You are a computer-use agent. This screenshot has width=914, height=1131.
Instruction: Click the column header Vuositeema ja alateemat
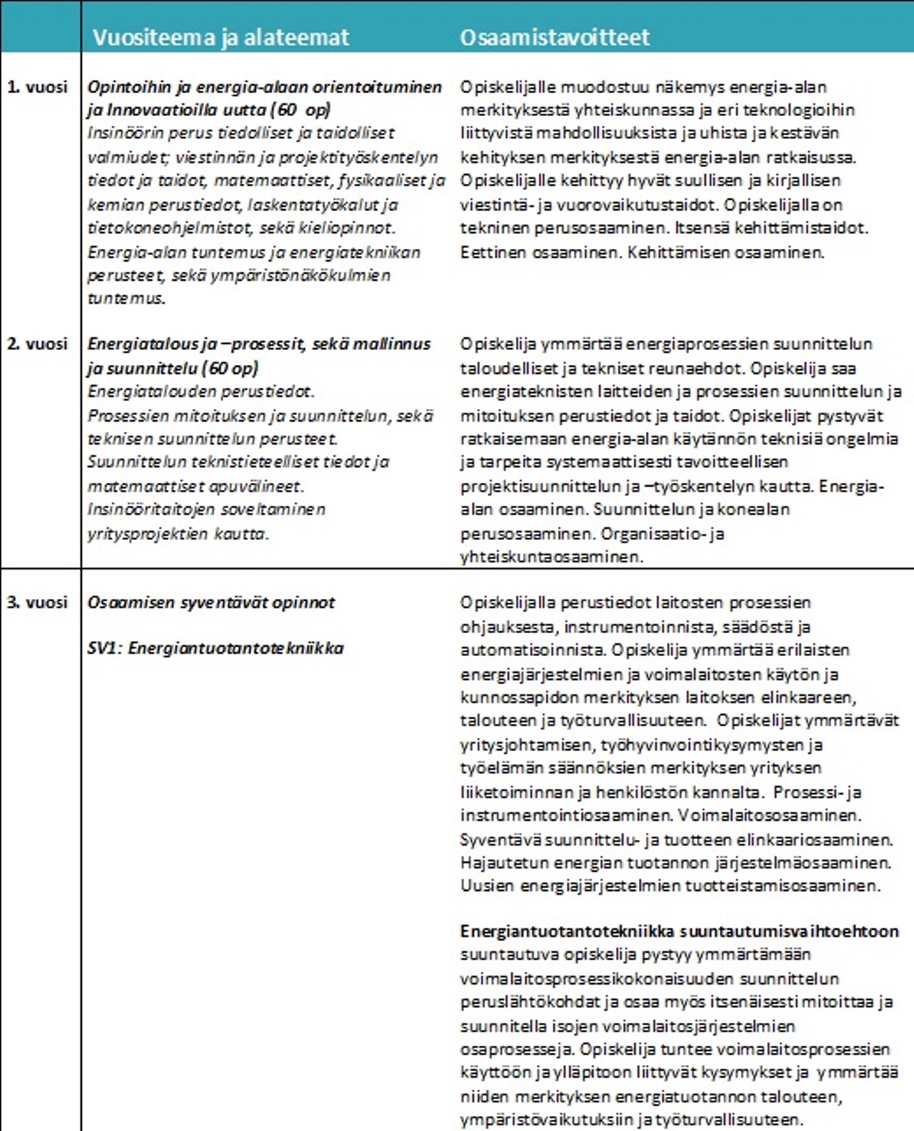pos(220,37)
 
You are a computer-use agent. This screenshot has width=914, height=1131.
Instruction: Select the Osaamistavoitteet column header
pos(555,37)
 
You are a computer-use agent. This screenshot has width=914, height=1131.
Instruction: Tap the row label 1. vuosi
pos(37,87)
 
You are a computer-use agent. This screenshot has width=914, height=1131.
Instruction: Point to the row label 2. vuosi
pos(37,344)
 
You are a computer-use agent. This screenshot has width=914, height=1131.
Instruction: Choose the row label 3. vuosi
pos(37,603)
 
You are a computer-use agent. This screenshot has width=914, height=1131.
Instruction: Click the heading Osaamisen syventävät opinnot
pos(211,603)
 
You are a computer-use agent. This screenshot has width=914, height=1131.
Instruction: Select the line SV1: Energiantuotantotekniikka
pos(215,648)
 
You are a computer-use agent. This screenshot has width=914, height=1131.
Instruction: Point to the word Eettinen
pos(488,253)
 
